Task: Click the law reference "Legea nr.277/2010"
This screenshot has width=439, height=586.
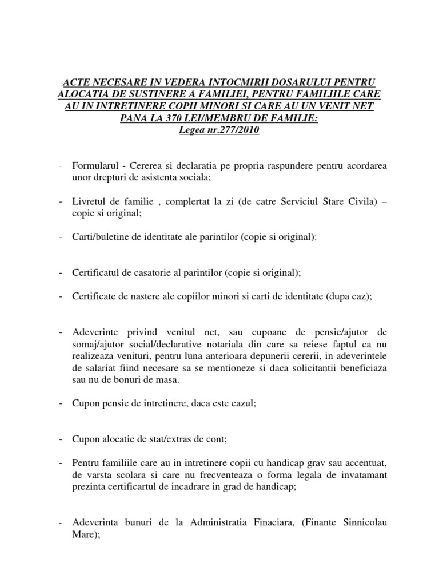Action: pos(219,130)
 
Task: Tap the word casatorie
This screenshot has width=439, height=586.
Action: pos(141,273)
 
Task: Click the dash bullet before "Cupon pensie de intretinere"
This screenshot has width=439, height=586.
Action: pos(60,403)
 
